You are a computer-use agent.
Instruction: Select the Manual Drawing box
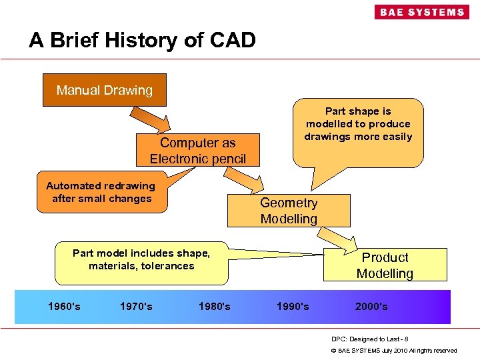pyautogui.click(x=105, y=90)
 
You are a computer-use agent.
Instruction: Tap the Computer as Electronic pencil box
pyautogui.click(x=197, y=151)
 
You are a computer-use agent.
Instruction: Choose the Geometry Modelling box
pyautogui.click(x=289, y=211)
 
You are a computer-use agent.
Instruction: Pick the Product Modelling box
pyautogui.click(x=385, y=265)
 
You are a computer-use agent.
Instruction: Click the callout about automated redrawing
pyautogui.click(x=101, y=193)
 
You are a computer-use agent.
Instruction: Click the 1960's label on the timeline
pyautogui.click(x=64, y=307)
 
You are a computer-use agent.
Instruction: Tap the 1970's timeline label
pyautogui.click(x=136, y=307)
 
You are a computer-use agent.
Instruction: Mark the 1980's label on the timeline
pyautogui.click(x=215, y=307)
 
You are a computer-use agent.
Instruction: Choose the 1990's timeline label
pyautogui.click(x=293, y=307)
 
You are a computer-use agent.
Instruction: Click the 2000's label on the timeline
pyautogui.click(x=371, y=307)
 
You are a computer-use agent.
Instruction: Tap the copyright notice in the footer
pyautogui.click(x=394, y=350)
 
